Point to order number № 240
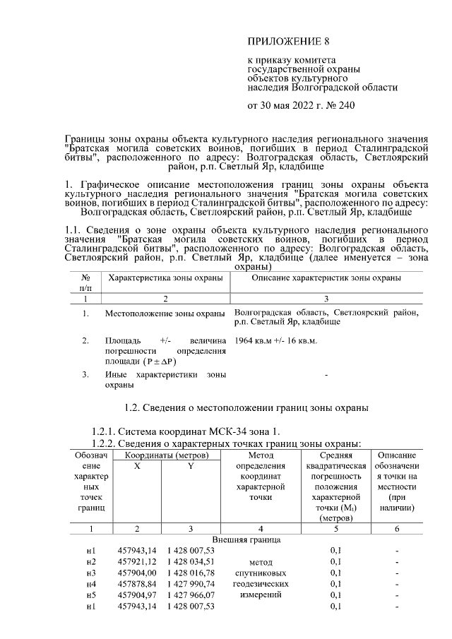click(339, 106)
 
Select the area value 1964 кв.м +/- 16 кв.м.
click(275, 340)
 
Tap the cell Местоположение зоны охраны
click(165, 312)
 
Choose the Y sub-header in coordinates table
click(190, 467)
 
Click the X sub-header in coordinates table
click(137, 467)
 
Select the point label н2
click(90, 561)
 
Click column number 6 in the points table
click(397, 528)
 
